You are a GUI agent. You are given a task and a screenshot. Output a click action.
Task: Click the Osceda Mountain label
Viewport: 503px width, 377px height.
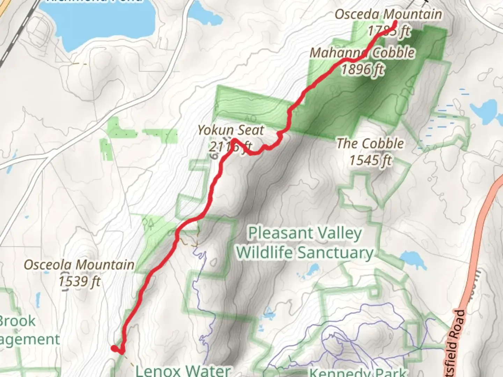[388, 15]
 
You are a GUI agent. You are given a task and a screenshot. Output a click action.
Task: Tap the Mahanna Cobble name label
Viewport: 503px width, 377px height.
[362, 53]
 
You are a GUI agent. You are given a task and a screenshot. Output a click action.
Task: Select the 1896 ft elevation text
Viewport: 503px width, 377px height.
[362, 69]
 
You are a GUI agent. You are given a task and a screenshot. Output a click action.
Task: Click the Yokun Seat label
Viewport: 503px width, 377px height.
[231, 130]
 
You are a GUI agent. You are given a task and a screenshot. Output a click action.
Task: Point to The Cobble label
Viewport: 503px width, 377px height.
[370, 143]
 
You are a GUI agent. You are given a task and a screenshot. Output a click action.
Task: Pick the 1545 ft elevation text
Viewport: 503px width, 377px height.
[370, 160]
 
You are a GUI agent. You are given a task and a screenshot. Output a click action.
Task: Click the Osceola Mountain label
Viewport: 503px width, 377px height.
[79, 265]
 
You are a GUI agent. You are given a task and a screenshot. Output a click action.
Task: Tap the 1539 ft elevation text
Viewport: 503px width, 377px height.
[79, 281]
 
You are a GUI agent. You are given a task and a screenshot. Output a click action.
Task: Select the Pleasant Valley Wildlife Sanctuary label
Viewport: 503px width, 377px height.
[305, 243]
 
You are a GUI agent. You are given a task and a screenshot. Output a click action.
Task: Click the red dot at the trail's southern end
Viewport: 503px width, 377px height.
[114, 348]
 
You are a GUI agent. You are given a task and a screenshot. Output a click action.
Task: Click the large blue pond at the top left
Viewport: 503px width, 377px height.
[101, 21]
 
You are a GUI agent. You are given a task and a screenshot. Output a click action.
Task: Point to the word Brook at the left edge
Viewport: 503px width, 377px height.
[17, 321]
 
